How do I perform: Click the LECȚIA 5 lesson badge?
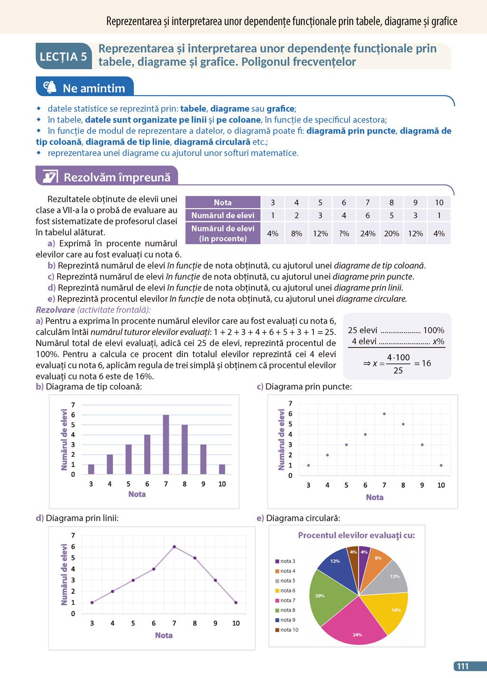[x=63, y=57]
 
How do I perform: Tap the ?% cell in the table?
[x=344, y=233]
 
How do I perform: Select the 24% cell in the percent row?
[x=368, y=233]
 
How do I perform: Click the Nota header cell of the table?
[x=223, y=202]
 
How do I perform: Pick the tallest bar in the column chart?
[x=166, y=444]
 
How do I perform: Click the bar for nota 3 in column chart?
[x=91, y=469]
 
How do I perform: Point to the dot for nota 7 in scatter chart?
[x=384, y=414]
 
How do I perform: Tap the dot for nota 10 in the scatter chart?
[x=441, y=465]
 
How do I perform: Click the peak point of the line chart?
[x=174, y=547]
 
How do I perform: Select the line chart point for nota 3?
[x=92, y=602]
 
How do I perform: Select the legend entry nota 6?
[x=287, y=590]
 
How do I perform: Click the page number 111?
[x=462, y=666]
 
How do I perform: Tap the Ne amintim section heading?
[x=93, y=88]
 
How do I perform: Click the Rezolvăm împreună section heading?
[x=117, y=178]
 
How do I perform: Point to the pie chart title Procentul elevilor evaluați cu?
[x=356, y=535]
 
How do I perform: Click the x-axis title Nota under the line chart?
[x=164, y=635]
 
